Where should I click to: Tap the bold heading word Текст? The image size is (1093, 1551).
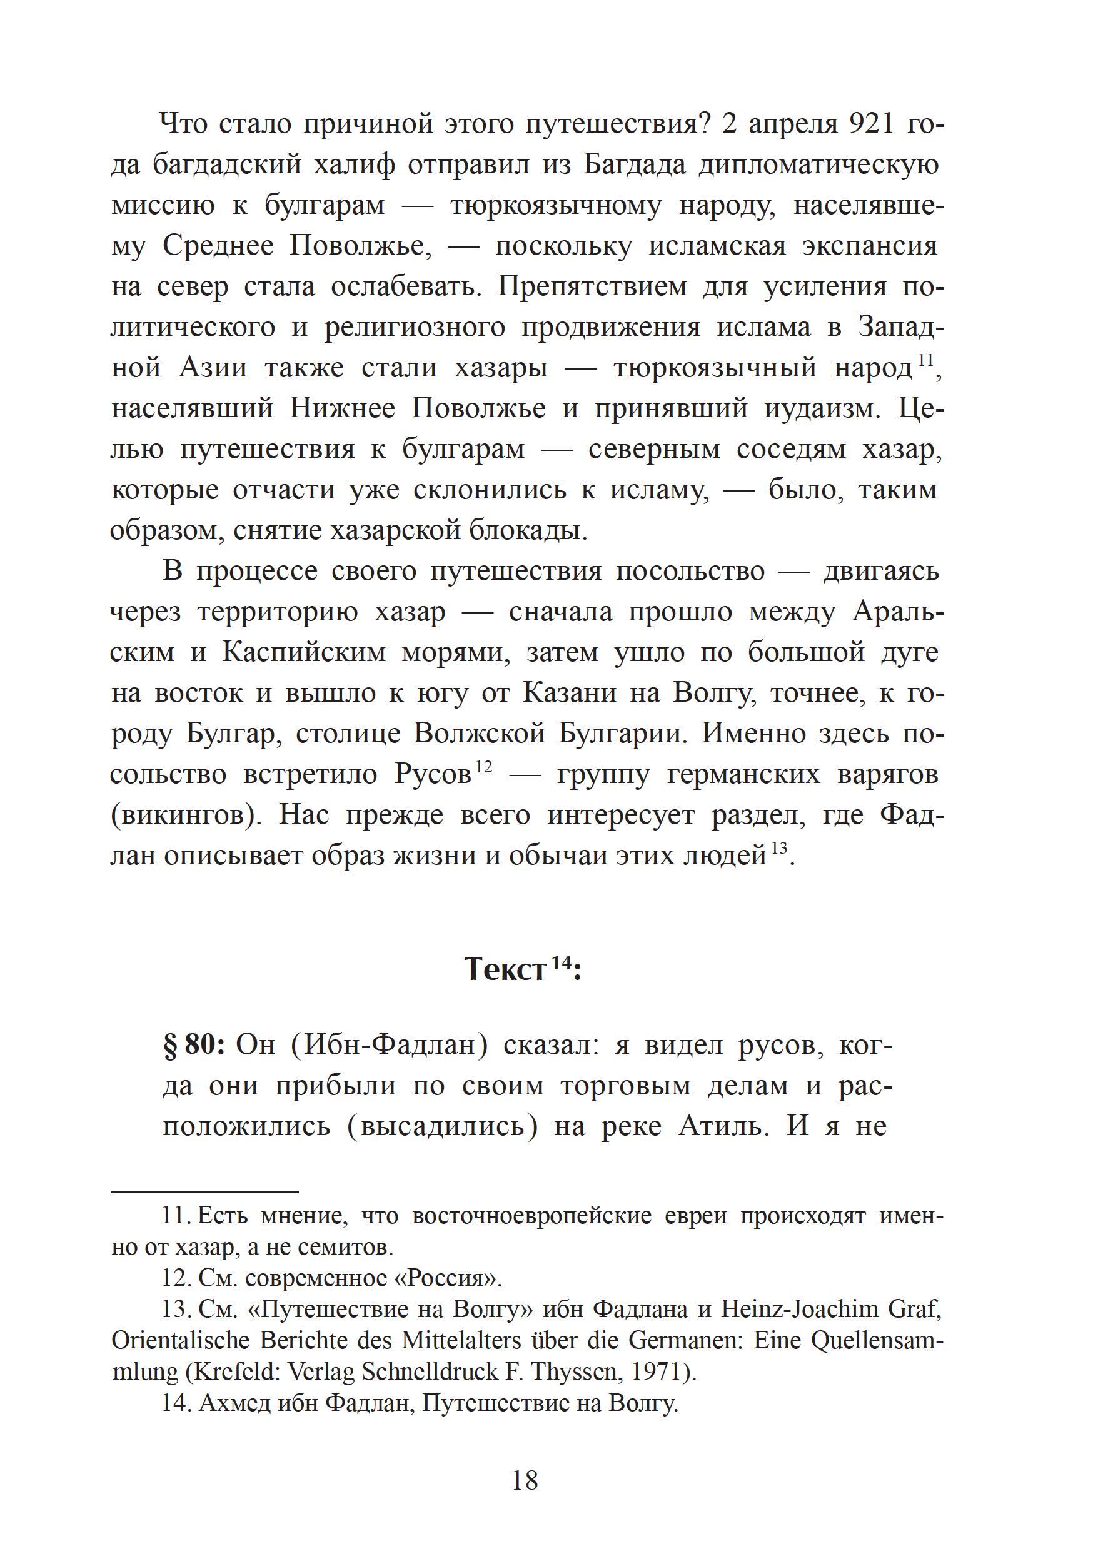(x=505, y=971)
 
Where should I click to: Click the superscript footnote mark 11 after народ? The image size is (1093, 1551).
(x=924, y=362)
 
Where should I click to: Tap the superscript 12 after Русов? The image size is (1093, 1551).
(x=484, y=768)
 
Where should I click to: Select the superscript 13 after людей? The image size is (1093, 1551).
(x=780, y=849)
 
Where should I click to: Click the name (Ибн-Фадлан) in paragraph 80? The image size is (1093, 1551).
(x=390, y=1045)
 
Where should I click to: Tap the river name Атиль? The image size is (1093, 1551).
(x=723, y=1126)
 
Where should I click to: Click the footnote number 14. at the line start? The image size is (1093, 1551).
(x=177, y=1404)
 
